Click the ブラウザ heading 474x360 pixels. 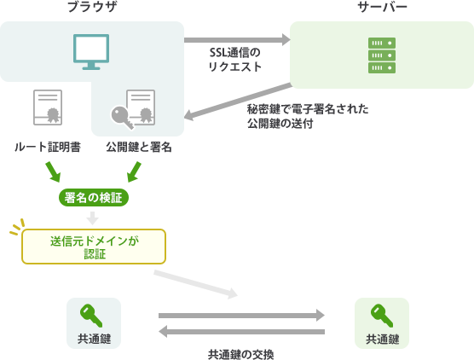(92, 6)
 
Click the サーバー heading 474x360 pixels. (382, 7)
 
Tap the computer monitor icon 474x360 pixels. (91, 52)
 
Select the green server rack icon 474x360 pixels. (382, 55)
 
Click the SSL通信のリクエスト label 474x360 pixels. (235, 60)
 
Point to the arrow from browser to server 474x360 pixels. (237, 40)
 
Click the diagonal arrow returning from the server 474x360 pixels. (238, 102)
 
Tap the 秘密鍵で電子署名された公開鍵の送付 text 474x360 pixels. (308, 116)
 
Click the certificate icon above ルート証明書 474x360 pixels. (48, 107)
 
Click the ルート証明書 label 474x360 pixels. (48, 147)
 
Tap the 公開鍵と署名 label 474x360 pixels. (139, 147)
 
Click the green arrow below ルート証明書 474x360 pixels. (53, 171)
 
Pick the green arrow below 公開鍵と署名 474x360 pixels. (134, 171)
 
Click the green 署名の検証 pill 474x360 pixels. (94, 198)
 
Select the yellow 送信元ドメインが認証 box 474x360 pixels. (94, 247)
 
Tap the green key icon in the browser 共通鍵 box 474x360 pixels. (91, 316)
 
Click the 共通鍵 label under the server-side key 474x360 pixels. (383, 340)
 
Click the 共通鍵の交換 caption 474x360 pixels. (241, 354)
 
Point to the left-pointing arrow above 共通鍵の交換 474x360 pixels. (241, 332)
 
